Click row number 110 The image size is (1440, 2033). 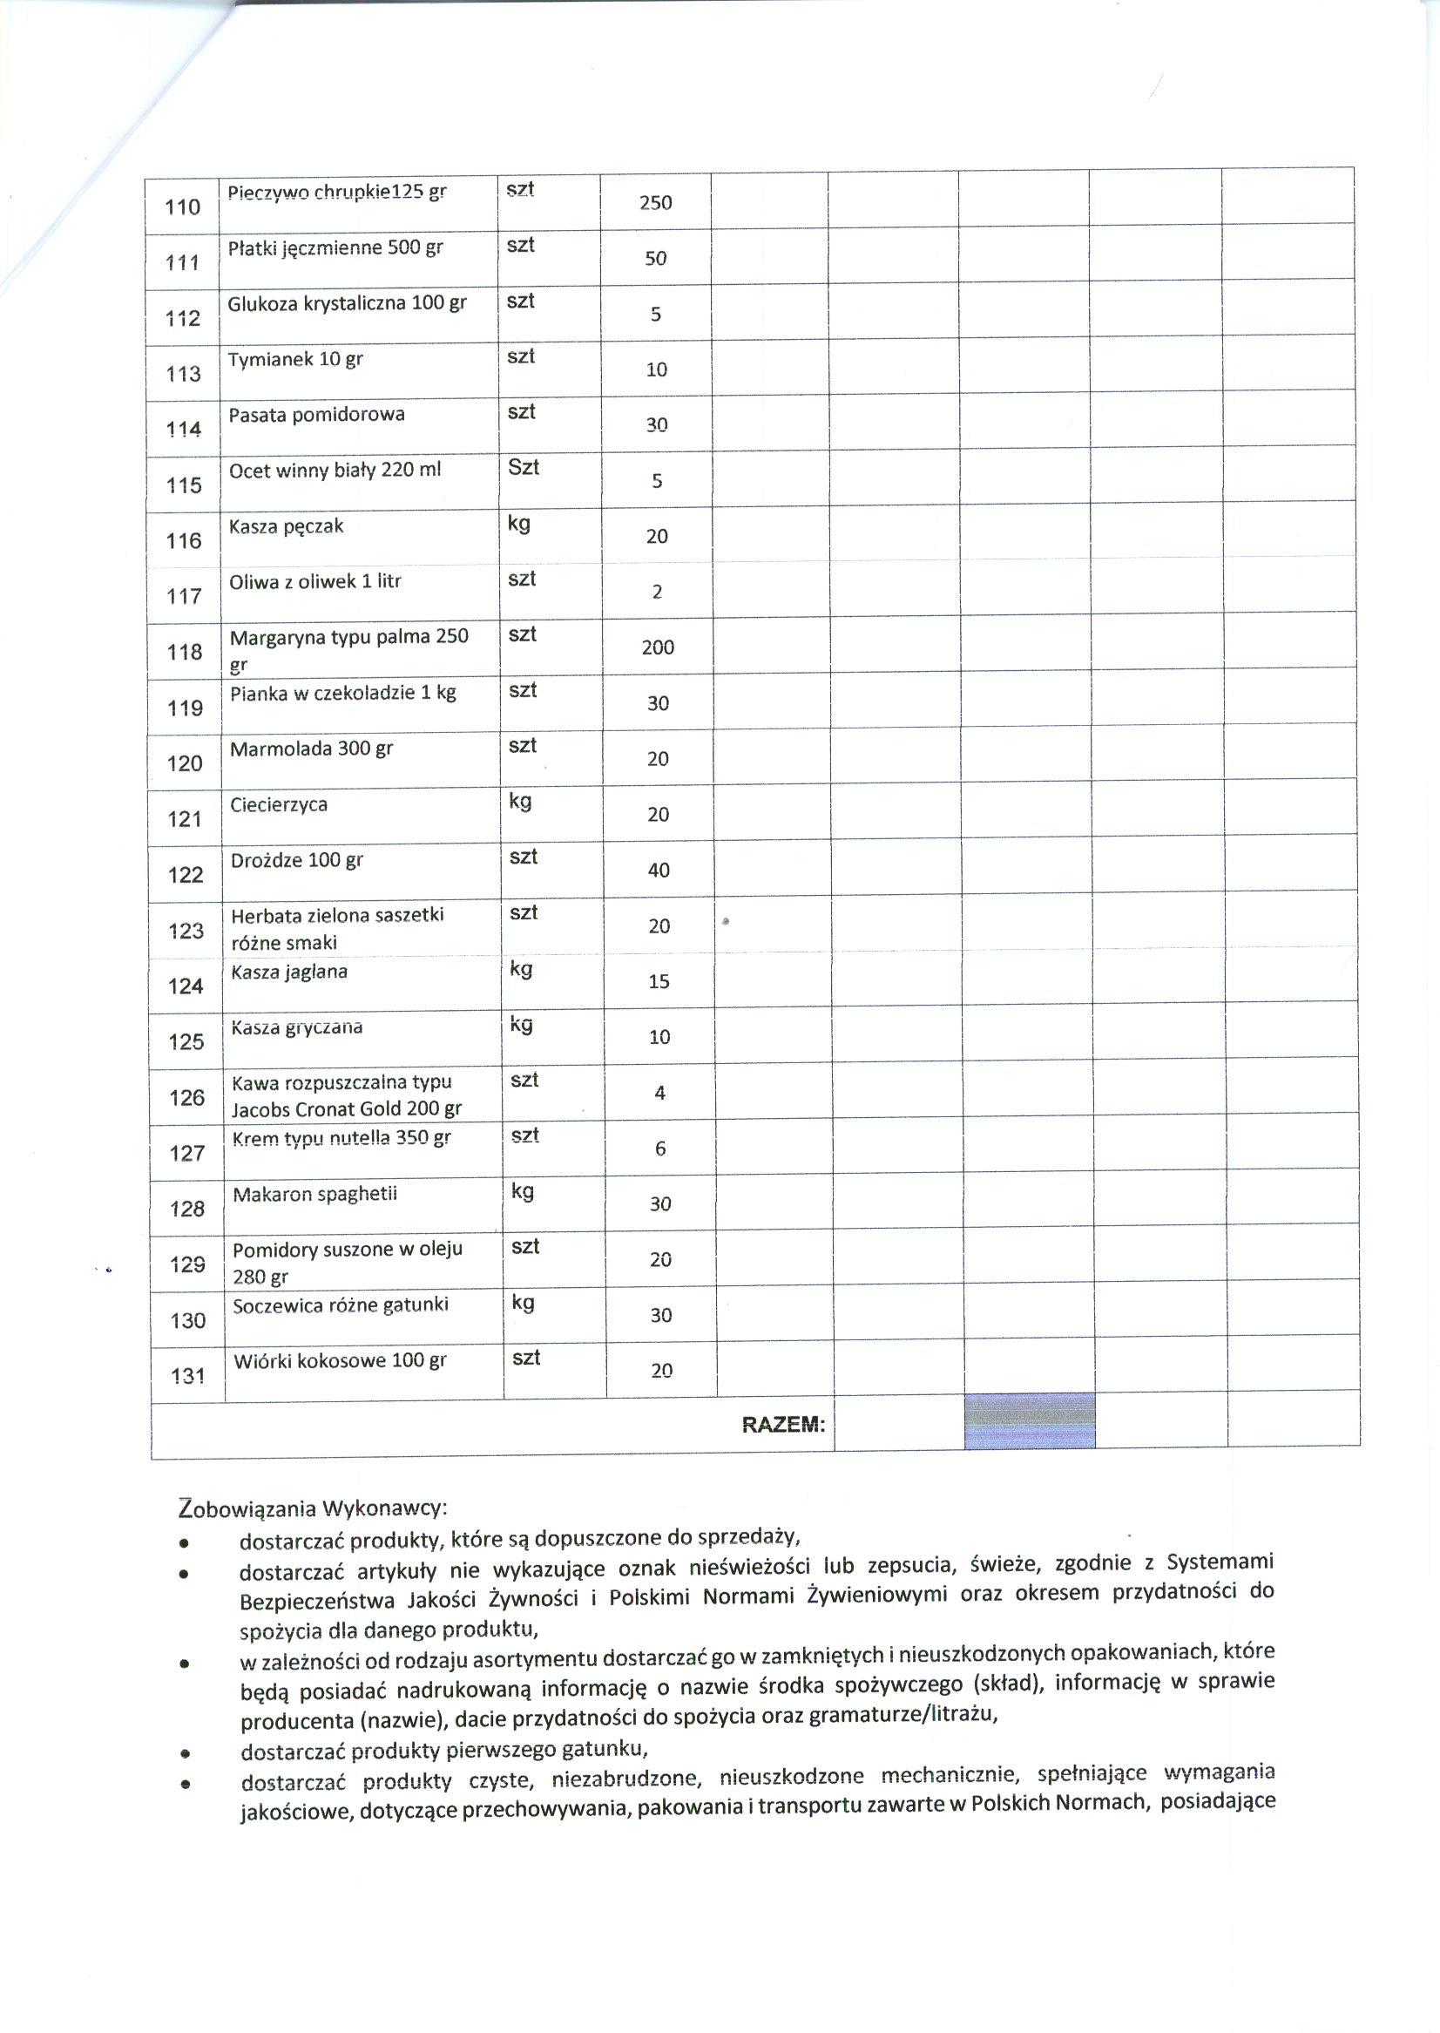pyautogui.click(x=183, y=207)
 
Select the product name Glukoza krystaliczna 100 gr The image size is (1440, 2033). pyautogui.click(x=347, y=303)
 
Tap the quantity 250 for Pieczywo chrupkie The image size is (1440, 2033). pyautogui.click(x=655, y=202)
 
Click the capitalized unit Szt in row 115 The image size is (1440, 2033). pyautogui.click(x=524, y=467)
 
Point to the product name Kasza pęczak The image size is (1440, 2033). pyautogui.click(x=286, y=527)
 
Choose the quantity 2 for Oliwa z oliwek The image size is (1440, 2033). pyautogui.click(x=657, y=592)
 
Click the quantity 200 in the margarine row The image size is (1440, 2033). pyautogui.click(x=658, y=647)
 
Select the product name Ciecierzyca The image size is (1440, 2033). pyautogui.click(x=279, y=804)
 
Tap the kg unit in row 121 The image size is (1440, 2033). pyautogui.click(x=520, y=801)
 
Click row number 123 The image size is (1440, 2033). pyautogui.click(x=186, y=931)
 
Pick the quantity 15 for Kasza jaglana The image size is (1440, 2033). pyautogui.click(x=659, y=981)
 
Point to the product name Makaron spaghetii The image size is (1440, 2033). pyautogui.click(x=314, y=1194)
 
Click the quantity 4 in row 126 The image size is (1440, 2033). pyautogui.click(x=659, y=1093)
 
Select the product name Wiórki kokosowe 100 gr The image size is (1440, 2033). pyautogui.click(x=340, y=1360)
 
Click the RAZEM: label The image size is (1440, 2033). pyautogui.click(x=783, y=1425)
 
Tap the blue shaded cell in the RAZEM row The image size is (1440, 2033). pyautogui.click(x=1029, y=1421)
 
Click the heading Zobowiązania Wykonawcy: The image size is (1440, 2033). pyautogui.click(x=313, y=1508)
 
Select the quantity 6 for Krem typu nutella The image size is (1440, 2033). pyautogui.click(x=659, y=1149)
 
